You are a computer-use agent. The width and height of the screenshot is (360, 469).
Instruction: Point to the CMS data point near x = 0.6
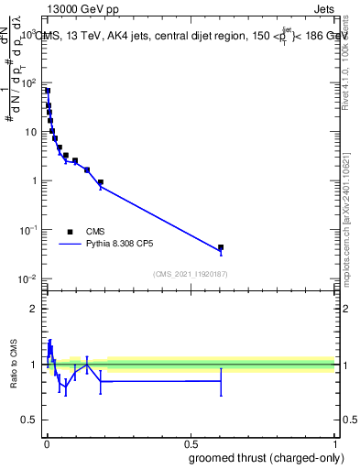[x=221, y=247]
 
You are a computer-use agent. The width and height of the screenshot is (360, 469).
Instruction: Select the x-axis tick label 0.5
[x=190, y=443]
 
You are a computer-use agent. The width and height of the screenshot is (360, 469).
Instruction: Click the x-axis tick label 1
[x=334, y=443]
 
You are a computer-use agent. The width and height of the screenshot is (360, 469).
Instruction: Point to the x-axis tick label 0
[x=46, y=443]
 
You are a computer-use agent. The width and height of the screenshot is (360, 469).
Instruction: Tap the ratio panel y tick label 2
[x=33, y=308]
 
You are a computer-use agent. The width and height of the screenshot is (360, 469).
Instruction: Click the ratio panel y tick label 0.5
[x=28, y=421]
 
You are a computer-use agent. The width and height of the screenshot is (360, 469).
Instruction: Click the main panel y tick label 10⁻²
[x=27, y=278]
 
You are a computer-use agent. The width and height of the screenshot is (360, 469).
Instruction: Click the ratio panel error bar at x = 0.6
[x=221, y=380]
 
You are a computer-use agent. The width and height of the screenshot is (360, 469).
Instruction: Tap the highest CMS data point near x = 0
[x=47, y=91]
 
